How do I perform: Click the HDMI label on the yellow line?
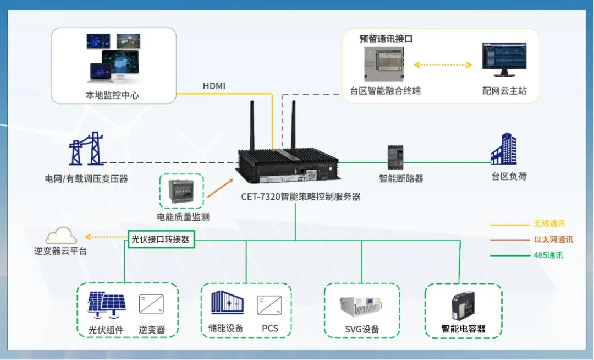pos(214,86)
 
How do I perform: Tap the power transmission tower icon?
pos(86,149)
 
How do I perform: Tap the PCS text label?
pos(269,329)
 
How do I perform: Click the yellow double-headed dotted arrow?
pos(443,65)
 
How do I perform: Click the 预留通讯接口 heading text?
pos(386,39)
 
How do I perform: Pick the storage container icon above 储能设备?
pos(227,303)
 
